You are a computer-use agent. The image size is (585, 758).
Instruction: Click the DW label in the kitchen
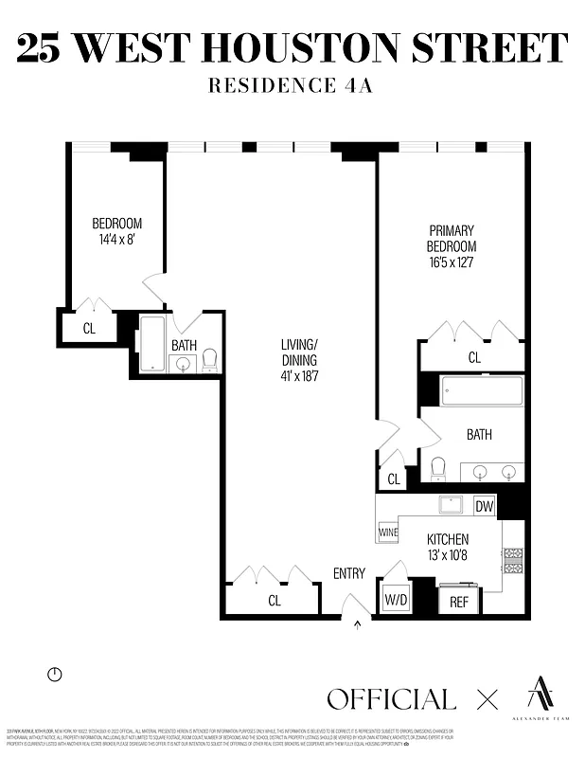click(484, 506)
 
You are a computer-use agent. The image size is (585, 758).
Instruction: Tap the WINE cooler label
click(388, 533)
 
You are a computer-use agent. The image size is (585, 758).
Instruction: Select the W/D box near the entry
click(395, 601)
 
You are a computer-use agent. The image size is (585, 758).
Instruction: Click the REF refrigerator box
click(459, 602)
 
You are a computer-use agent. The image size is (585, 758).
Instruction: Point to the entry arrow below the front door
click(358, 623)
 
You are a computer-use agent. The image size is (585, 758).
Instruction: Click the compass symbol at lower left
click(54, 675)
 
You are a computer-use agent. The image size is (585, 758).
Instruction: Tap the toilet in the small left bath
click(209, 360)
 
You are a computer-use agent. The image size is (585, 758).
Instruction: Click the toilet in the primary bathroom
click(437, 468)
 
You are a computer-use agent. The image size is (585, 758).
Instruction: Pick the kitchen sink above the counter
click(451, 505)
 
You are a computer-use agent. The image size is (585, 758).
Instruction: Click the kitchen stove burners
click(513, 561)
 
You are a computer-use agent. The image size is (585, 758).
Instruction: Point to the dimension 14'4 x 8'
click(116, 241)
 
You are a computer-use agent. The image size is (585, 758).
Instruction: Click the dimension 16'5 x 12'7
click(452, 263)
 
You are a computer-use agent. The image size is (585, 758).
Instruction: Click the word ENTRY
click(348, 573)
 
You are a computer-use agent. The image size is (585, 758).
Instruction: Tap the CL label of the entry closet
click(275, 600)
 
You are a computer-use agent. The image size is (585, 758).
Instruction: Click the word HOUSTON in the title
click(314, 47)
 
